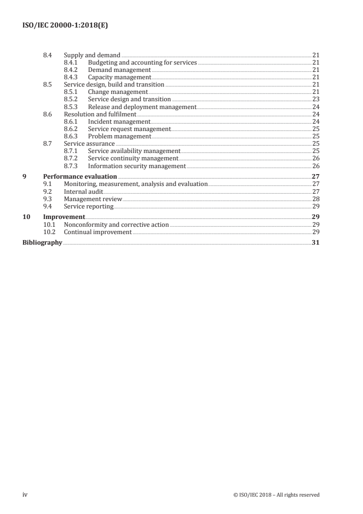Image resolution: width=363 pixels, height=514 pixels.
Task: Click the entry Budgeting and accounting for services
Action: [x=142, y=62]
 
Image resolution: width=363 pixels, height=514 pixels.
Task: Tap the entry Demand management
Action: [x=119, y=70]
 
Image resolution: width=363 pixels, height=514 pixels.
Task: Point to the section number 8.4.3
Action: [x=71, y=77]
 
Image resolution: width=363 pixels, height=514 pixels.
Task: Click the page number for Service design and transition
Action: [x=315, y=99]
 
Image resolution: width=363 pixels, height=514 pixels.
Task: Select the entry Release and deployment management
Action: [x=142, y=106]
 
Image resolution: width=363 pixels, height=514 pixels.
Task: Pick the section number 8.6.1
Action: [x=71, y=121]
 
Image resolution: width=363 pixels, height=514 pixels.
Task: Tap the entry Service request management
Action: [x=129, y=129]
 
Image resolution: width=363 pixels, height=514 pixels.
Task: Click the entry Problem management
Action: [x=119, y=136]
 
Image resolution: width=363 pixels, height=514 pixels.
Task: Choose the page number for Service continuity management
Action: [x=315, y=158]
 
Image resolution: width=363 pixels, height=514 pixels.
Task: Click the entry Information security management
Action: [x=137, y=166]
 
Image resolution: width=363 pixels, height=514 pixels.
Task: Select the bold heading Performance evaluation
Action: [x=80, y=176]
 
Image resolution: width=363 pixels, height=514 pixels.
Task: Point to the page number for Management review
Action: [x=315, y=199]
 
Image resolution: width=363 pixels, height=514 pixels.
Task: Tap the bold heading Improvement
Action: [x=64, y=217]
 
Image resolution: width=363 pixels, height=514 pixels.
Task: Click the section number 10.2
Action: [x=49, y=232]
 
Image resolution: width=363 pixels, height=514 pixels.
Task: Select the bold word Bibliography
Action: [x=42, y=242]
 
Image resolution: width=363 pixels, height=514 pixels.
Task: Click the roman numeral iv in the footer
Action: [x=25, y=494]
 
